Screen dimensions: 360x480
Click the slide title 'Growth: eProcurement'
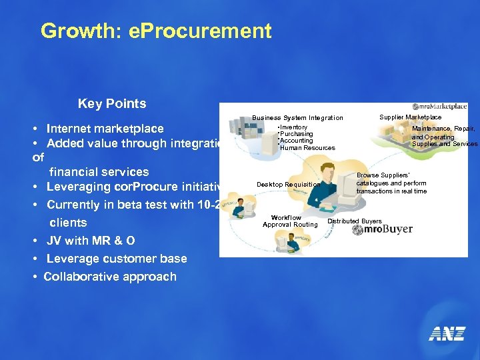pos(156,31)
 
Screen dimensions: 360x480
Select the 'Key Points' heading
pos(112,103)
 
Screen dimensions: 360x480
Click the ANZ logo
pos(446,333)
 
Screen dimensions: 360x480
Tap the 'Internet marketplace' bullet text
pos(105,129)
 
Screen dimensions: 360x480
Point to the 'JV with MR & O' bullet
pos(90,241)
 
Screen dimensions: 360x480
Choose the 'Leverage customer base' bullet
pos(116,259)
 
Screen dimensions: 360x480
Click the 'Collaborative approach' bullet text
pos(110,277)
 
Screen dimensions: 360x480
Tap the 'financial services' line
pos(99,172)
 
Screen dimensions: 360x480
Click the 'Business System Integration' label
pos(297,118)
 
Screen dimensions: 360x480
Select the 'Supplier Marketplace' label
pos(410,117)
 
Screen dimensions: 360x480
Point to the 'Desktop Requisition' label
pos(288,185)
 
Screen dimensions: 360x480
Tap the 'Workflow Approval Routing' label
pos(290,221)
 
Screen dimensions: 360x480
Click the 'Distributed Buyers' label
pos(355,221)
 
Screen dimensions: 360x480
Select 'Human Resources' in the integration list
pos(307,148)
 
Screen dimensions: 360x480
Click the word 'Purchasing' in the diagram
pos(297,134)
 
